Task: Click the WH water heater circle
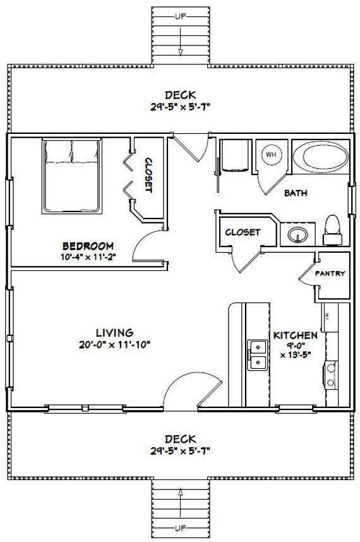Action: [272, 154]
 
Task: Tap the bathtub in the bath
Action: [321, 156]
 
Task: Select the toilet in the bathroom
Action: [333, 230]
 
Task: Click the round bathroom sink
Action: [297, 235]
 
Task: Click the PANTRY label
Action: [330, 274]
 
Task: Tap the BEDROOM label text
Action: [88, 246]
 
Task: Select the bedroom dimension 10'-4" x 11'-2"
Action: [88, 257]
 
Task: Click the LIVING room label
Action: [114, 332]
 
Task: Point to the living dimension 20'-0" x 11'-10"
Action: [114, 345]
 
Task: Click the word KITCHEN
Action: [296, 335]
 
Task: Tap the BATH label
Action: [296, 193]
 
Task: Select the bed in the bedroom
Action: [72, 176]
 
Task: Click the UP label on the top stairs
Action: [181, 16]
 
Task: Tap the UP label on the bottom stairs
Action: [181, 528]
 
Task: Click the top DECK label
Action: [181, 95]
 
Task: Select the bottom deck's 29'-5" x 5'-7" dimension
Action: [181, 451]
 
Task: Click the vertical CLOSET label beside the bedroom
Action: [148, 175]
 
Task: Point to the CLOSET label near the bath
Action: [243, 232]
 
